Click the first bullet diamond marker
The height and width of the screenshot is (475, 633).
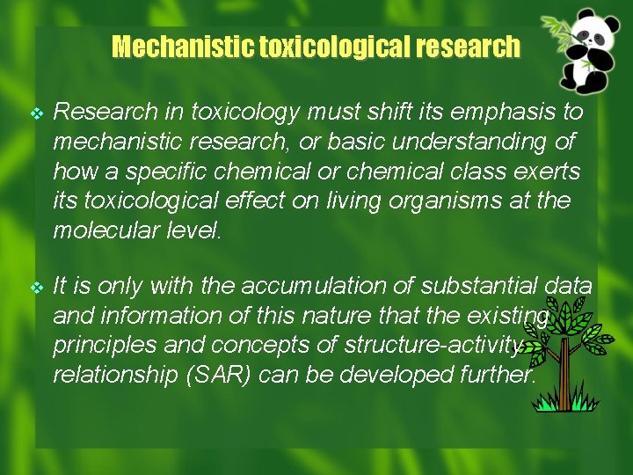pos(36,113)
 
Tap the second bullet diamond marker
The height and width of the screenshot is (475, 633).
pos(36,286)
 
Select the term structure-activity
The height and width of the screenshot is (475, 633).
pos(423,346)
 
